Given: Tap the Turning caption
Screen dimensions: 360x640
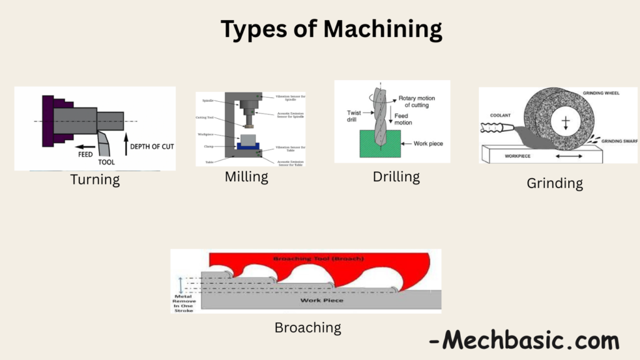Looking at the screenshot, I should (x=95, y=180).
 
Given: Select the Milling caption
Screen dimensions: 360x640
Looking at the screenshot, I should (x=246, y=177).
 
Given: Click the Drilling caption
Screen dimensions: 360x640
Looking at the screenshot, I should (x=396, y=177).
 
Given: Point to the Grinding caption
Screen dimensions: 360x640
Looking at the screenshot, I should (x=554, y=183).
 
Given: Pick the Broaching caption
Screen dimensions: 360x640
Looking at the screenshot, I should (x=307, y=327).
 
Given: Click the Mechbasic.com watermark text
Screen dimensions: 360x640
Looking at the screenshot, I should (x=524, y=341).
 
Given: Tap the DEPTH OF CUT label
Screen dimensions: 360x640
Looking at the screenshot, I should (x=152, y=147).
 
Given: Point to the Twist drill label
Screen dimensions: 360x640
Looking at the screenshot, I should (x=354, y=116).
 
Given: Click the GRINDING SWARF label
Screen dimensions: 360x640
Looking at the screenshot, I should (x=618, y=141).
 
